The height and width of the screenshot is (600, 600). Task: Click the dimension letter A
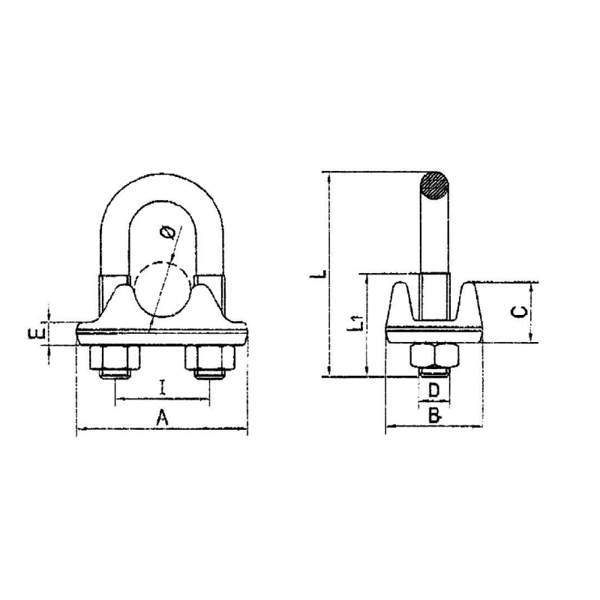(163, 417)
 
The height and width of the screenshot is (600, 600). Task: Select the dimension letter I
(162, 387)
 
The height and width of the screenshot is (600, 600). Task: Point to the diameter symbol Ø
(169, 232)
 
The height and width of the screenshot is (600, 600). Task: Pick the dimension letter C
(519, 312)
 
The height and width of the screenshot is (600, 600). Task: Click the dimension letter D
(433, 390)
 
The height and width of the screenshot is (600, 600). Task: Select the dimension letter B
(435, 415)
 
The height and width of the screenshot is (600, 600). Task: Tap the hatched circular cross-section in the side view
(433, 186)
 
